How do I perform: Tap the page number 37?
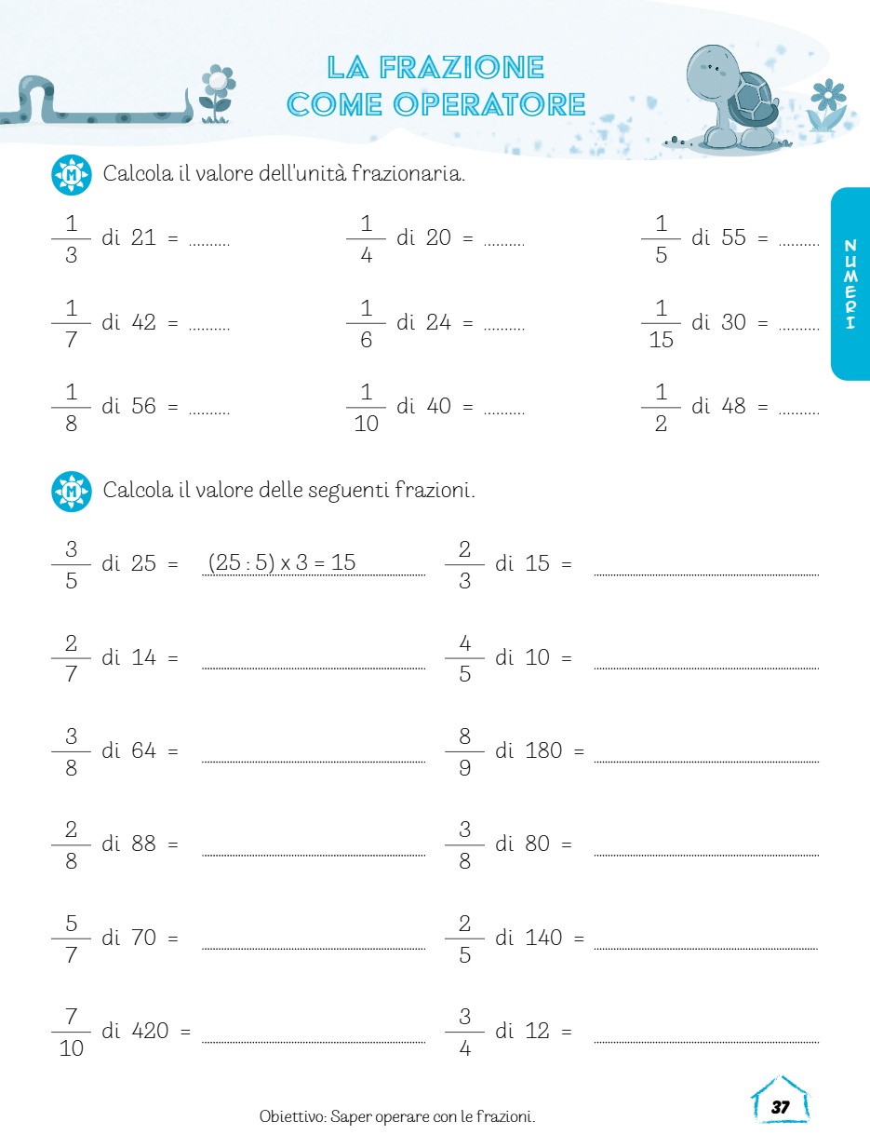[780, 1107]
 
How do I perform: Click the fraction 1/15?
[661, 323]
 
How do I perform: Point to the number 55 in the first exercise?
[733, 237]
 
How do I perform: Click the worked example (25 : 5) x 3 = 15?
[281, 562]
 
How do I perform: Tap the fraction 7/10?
[71, 1032]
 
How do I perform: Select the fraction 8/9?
[464, 751]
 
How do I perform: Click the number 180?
[544, 750]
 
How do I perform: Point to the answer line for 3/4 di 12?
[706, 1039]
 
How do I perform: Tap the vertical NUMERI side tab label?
[849, 284]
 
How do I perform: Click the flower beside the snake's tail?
[217, 92]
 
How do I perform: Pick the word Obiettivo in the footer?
[291, 1116]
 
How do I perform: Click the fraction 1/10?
[366, 407]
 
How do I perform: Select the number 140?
[544, 938]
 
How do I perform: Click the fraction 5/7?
[71, 939]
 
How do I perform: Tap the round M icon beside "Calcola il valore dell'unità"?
[72, 175]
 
